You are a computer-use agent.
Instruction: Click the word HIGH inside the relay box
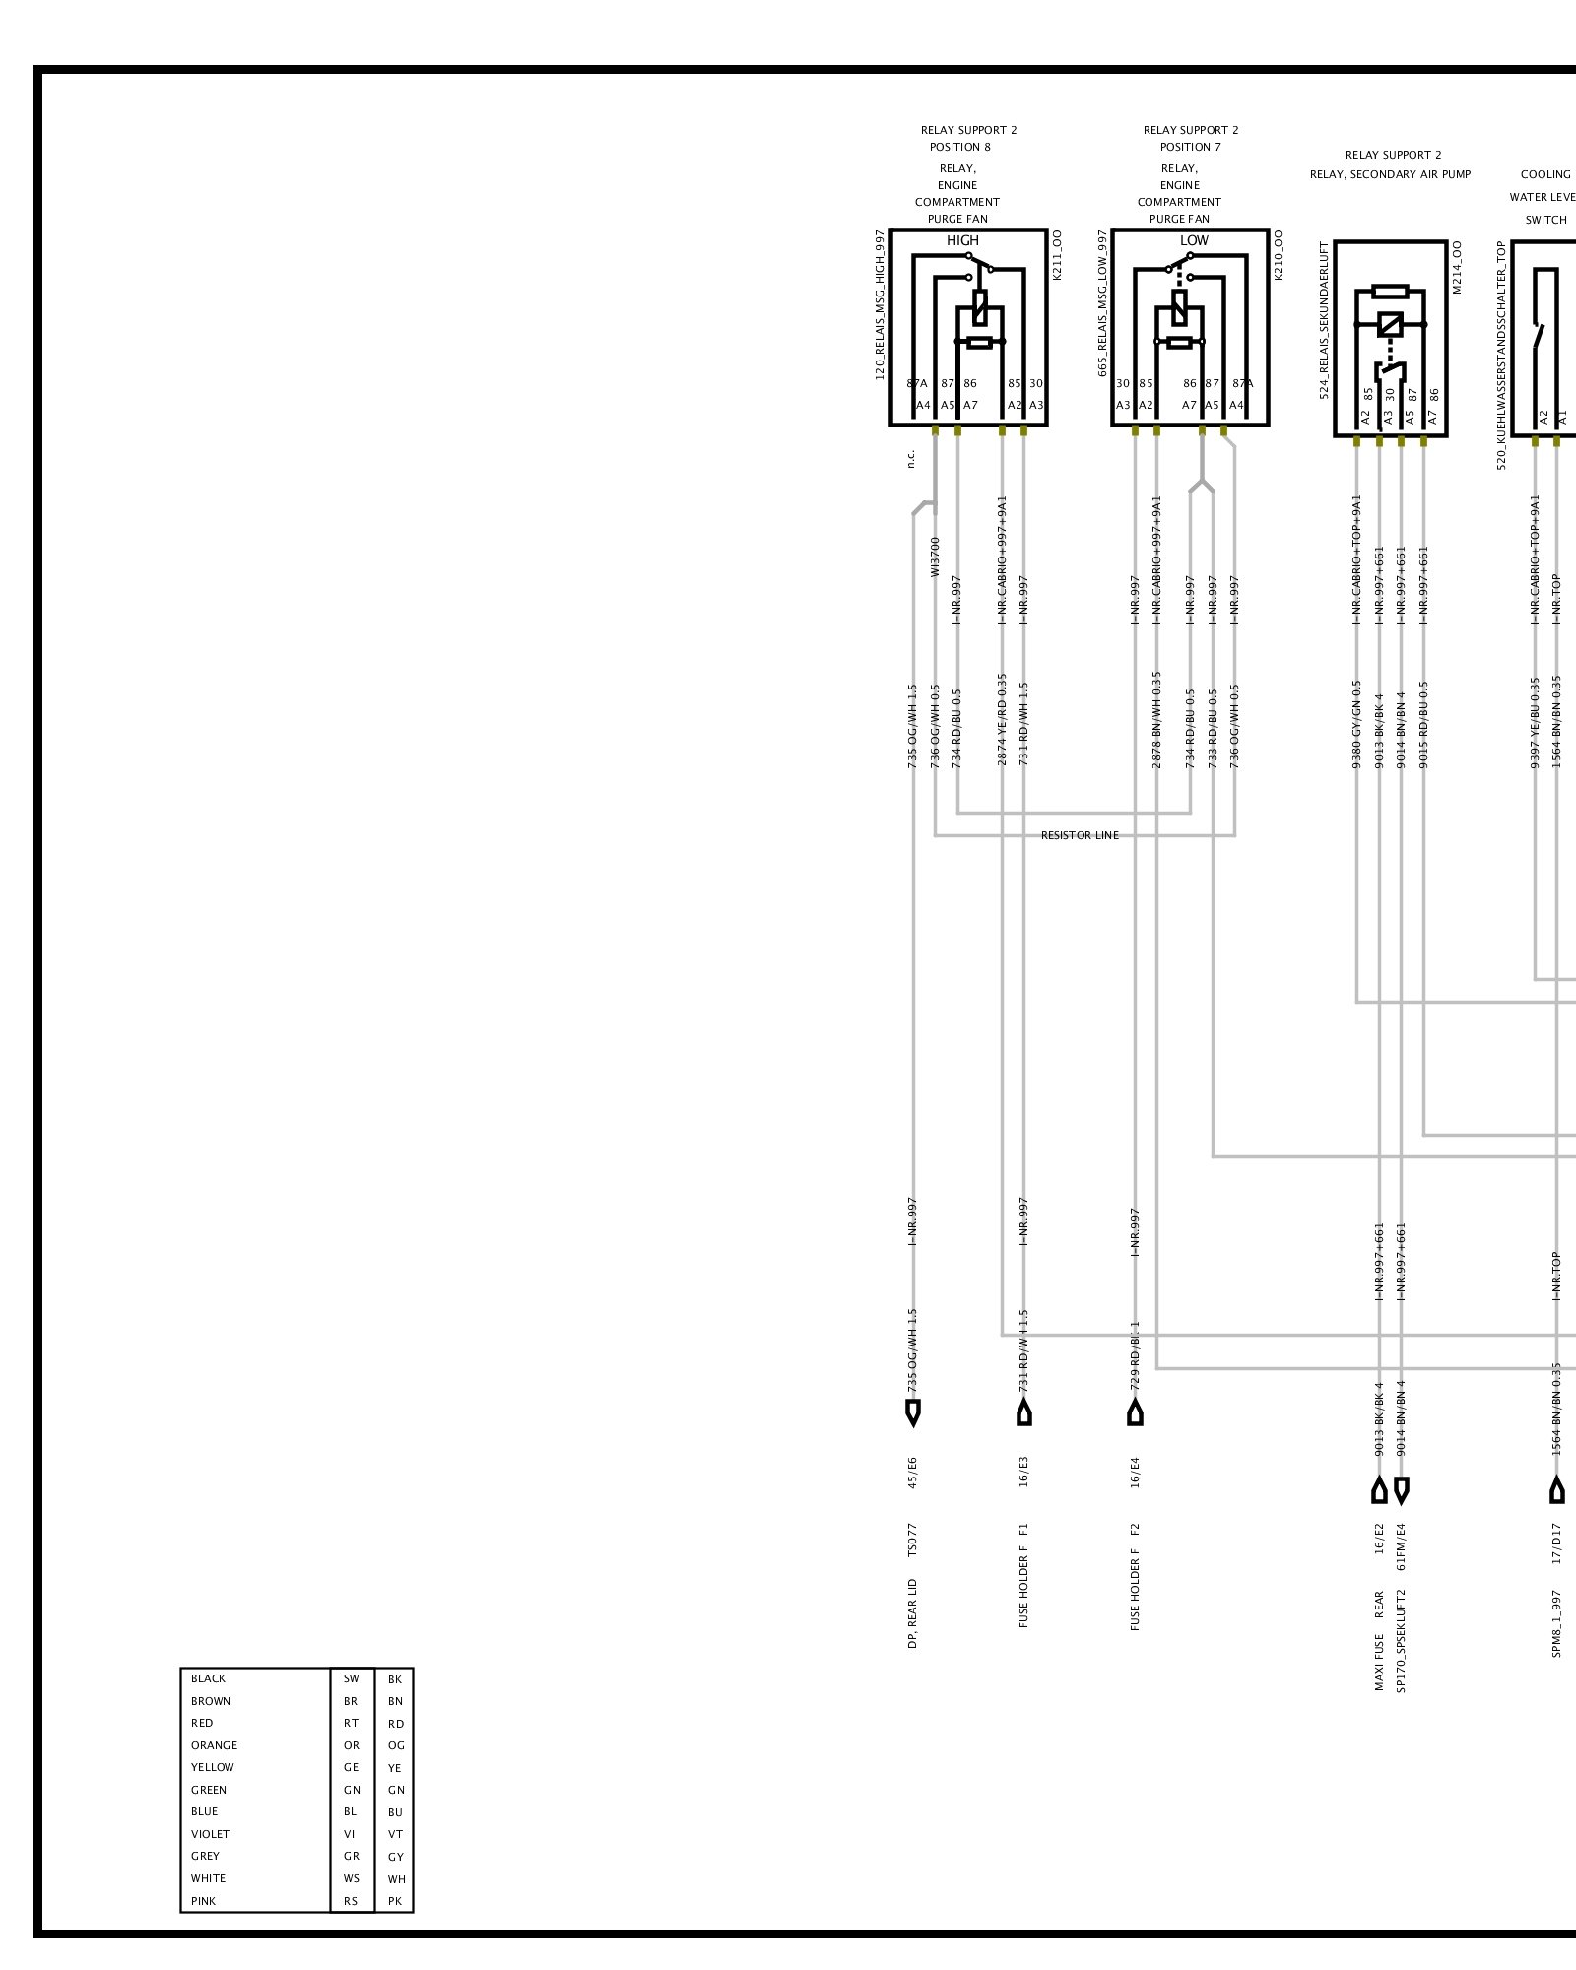[962, 241]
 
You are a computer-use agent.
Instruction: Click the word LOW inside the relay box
[1194, 241]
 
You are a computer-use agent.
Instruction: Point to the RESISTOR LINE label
[1080, 836]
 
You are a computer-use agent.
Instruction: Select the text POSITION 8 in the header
[959, 148]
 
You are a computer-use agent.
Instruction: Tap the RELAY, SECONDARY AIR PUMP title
[1390, 175]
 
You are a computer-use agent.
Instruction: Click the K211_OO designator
[1057, 256]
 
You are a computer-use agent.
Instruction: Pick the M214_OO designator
[1457, 267]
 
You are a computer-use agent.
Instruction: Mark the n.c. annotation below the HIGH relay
[912, 459]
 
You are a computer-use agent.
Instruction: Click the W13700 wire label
[936, 557]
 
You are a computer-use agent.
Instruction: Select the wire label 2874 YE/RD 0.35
[1002, 720]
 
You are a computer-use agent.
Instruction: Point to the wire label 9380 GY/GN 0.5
[1356, 724]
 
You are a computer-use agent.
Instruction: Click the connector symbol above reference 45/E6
[913, 1413]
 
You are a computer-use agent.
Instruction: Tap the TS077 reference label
[913, 1540]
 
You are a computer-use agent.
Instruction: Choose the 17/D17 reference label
[1557, 1543]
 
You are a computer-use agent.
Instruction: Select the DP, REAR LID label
[913, 1615]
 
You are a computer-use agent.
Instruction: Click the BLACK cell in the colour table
[209, 1679]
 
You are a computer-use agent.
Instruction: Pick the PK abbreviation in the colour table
[395, 1902]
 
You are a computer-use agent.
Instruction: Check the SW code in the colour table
[352, 1679]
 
